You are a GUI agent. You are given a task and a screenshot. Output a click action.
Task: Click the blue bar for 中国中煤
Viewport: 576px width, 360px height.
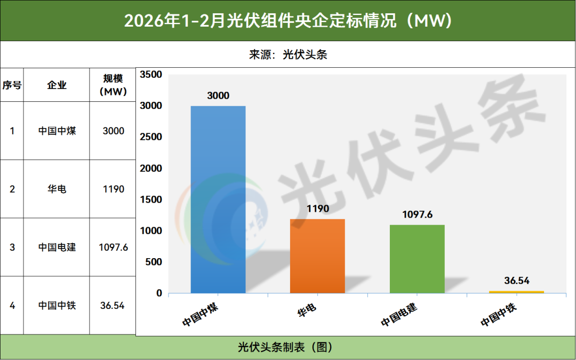tap(218, 199)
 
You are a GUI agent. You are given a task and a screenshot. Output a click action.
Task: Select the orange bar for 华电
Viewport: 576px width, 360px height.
tap(317, 256)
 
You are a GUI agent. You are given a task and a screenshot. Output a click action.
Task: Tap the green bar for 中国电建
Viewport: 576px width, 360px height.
tap(417, 259)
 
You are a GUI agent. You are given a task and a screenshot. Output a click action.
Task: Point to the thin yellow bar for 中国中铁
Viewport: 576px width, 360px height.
tap(516, 292)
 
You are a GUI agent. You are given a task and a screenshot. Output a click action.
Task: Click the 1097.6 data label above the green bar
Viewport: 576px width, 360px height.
tap(417, 214)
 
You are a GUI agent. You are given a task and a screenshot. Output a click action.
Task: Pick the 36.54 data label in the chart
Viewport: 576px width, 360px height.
tap(517, 281)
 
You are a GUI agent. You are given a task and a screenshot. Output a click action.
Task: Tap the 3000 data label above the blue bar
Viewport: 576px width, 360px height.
tap(218, 95)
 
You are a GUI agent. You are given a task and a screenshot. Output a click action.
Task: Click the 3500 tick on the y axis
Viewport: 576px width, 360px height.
tap(151, 74)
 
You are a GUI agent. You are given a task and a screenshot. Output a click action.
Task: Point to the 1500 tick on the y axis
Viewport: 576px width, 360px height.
tap(151, 199)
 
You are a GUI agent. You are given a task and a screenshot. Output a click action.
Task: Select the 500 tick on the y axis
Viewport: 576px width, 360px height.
tap(154, 262)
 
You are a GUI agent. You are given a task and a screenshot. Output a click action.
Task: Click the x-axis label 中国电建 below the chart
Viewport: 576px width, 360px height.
tap(398, 315)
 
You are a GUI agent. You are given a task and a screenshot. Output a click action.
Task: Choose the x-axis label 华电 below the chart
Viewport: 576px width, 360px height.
tap(307, 311)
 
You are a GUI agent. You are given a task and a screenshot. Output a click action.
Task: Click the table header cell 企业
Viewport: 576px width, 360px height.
tap(57, 85)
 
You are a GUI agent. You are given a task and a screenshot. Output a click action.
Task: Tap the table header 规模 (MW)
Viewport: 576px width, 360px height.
tap(113, 85)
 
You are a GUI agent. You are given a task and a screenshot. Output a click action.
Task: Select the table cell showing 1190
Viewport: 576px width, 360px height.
tap(113, 189)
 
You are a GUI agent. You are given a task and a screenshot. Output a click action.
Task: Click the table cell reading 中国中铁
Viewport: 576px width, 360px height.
tap(57, 305)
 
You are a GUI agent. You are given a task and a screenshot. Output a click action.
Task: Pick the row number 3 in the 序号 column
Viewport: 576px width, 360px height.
tap(12, 247)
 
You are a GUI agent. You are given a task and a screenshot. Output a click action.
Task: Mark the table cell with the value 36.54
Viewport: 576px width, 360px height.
tap(113, 306)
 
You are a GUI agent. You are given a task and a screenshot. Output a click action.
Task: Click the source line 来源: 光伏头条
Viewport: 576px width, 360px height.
tap(288, 55)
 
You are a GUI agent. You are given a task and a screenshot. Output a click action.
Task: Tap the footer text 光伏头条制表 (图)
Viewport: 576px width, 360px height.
tap(285, 347)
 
